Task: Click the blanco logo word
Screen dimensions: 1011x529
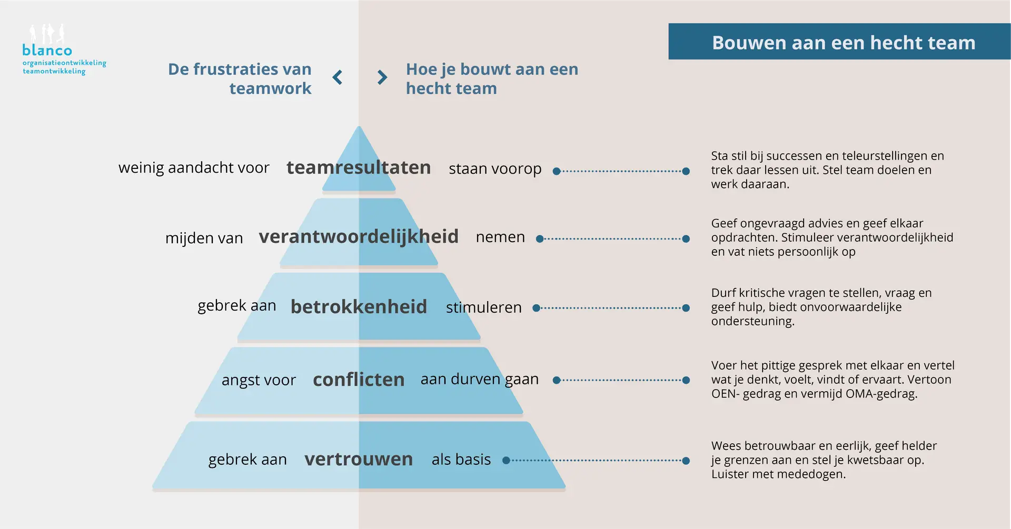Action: tap(47, 50)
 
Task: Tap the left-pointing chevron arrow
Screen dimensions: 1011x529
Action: tap(338, 77)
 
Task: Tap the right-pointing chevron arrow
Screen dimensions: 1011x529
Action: tap(382, 77)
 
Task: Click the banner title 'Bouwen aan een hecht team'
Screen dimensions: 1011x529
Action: tap(844, 43)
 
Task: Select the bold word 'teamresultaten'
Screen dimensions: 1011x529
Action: tap(359, 167)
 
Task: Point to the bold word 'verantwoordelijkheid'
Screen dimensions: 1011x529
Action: tap(359, 237)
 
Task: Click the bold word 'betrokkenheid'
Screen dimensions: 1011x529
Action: tap(359, 306)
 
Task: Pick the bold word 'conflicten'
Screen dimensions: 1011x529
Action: tap(359, 380)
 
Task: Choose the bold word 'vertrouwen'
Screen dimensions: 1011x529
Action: tap(359, 459)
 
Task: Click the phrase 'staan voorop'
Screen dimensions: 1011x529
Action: tap(495, 169)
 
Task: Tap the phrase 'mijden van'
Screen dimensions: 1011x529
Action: tap(204, 238)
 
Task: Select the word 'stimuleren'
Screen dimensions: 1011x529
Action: tap(484, 307)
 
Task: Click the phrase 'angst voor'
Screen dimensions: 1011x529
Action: tap(259, 380)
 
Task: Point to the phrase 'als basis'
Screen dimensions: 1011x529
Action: tap(461, 460)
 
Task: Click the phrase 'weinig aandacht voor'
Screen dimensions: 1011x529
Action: tap(194, 167)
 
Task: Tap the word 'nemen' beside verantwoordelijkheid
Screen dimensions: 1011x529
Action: tap(500, 237)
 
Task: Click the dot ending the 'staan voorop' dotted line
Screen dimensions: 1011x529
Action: tap(686, 171)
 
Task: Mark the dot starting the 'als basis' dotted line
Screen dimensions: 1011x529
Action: tap(506, 461)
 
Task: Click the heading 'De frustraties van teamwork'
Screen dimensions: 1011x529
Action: tap(240, 78)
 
